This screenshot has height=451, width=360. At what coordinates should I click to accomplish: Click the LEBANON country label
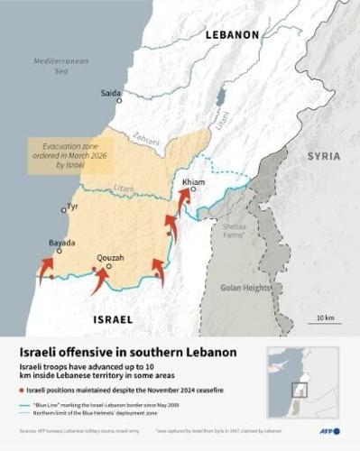232,34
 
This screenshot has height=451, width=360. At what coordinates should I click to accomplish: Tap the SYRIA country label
323,156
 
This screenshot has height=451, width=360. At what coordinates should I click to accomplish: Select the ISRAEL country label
113,319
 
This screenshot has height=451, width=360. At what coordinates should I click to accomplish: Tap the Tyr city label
73,206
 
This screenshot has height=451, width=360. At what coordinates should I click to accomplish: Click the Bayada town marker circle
60,252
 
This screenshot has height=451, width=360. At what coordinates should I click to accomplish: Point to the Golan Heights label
245,288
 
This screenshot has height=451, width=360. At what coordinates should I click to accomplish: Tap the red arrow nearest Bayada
46,269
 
